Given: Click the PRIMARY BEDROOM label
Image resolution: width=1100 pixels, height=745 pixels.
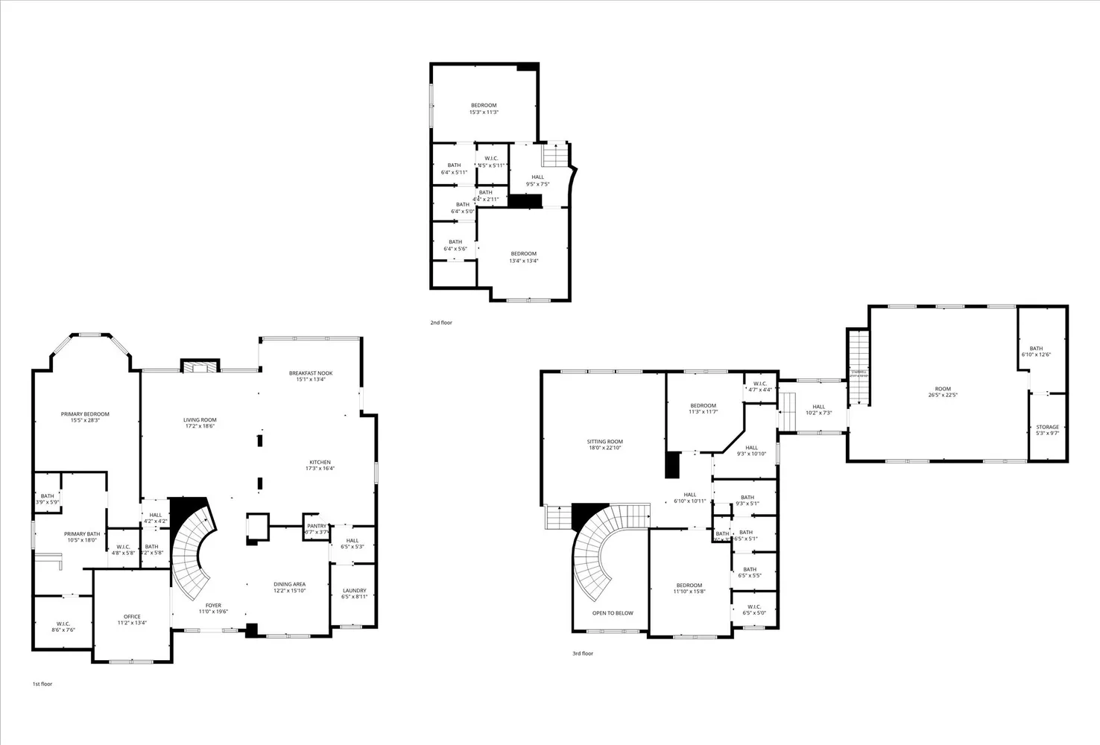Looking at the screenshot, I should (x=85, y=414).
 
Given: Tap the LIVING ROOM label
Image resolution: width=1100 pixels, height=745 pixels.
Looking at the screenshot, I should (x=200, y=420).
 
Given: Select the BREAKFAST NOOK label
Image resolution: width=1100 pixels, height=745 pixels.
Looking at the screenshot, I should (x=311, y=373).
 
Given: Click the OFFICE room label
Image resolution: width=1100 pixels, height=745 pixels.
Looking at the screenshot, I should (x=132, y=617).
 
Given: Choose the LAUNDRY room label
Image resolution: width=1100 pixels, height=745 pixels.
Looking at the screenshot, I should (x=354, y=591).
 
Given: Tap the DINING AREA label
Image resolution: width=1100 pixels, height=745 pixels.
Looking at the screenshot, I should (x=289, y=584).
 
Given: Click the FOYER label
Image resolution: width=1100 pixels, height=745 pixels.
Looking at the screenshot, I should (x=213, y=606).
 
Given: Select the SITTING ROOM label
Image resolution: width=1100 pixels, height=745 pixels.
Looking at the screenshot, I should (x=604, y=442).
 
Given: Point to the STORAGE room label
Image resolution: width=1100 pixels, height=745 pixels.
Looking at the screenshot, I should (x=1047, y=427).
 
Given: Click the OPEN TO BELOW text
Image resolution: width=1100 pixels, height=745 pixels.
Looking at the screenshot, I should (x=613, y=613).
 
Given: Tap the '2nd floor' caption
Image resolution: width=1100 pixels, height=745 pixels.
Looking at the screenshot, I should (x=441, y=323).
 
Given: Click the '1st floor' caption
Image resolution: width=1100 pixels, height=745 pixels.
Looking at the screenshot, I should (x=42, y=684).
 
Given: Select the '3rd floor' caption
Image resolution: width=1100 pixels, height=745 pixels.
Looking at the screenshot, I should (x=583, y=653).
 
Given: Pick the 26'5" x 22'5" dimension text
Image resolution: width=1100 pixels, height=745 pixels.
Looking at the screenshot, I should (x=943, y=395).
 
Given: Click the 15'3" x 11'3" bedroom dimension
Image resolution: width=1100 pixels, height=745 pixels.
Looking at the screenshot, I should (x=483, y=112).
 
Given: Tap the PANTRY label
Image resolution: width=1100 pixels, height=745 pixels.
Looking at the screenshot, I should (x=316, y=526).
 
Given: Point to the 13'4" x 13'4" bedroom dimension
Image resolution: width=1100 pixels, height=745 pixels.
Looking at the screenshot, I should (x=523, y=261).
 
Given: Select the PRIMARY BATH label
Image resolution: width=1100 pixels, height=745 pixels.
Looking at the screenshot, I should (x=82, y=534).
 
